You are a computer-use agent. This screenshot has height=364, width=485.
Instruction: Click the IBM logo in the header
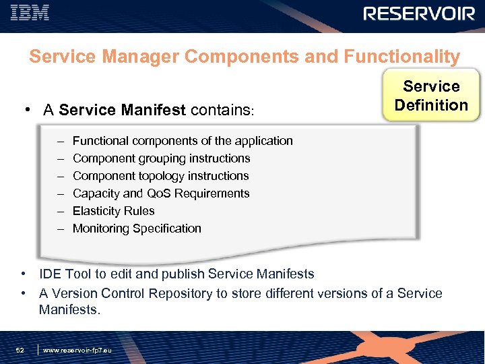pos(30,13)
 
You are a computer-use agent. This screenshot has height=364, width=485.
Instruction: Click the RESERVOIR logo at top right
pos(419,14)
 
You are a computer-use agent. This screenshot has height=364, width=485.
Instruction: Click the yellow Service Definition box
pos(431,96)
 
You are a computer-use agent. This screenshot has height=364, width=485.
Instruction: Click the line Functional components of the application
pos(183,141)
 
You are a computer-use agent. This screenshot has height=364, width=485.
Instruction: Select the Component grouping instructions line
pos(161,158)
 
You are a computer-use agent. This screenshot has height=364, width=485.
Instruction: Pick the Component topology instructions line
pos(160,176)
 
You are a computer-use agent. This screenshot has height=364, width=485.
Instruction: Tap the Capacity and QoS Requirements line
pos(161,193)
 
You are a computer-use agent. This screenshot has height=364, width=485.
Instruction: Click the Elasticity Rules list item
pos(113,211)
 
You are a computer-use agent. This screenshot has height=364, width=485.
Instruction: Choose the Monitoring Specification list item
pos(137,229)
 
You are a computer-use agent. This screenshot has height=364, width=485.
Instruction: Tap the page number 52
pos(21,351)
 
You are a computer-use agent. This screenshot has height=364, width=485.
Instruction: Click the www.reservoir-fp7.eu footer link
pos(77,351)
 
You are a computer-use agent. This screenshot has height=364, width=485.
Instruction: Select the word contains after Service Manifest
pos(220,110)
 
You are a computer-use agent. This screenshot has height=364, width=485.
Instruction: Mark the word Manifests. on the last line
pos(69,310)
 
